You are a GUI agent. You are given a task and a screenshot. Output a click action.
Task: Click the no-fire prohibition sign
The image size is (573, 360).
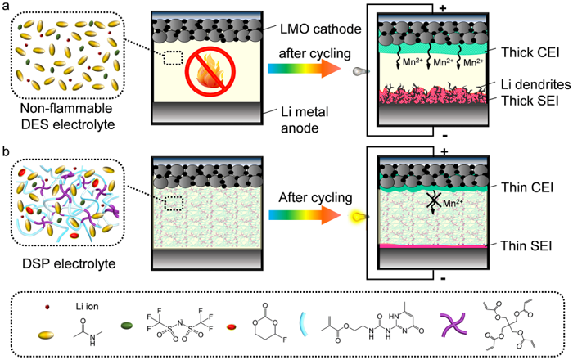(x=206, y=70)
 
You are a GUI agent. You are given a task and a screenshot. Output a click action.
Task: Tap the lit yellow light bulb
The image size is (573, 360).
(x=357, y=216)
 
